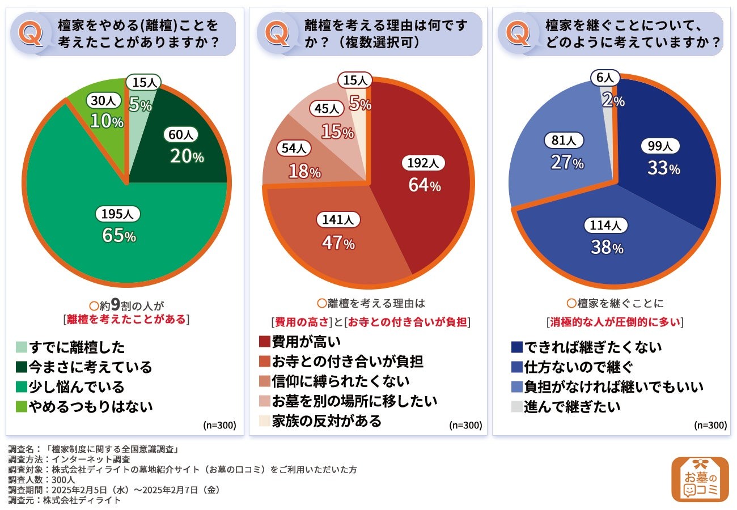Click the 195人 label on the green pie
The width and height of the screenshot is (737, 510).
[118, 214]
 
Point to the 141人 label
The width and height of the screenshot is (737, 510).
[338, 219]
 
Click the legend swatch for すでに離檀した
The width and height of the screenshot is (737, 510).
[22, 347]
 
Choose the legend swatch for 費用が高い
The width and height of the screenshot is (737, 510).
[264, 342]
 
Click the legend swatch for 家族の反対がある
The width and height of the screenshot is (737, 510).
[264, 420]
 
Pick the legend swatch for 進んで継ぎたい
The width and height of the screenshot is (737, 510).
[516, 406]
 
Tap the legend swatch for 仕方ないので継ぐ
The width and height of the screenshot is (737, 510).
[516, 367]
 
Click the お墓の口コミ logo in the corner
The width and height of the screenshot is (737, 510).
[700, 479]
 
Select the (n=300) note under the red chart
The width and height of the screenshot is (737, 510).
[465, 425]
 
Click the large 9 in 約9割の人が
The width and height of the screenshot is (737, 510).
[115, 304]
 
